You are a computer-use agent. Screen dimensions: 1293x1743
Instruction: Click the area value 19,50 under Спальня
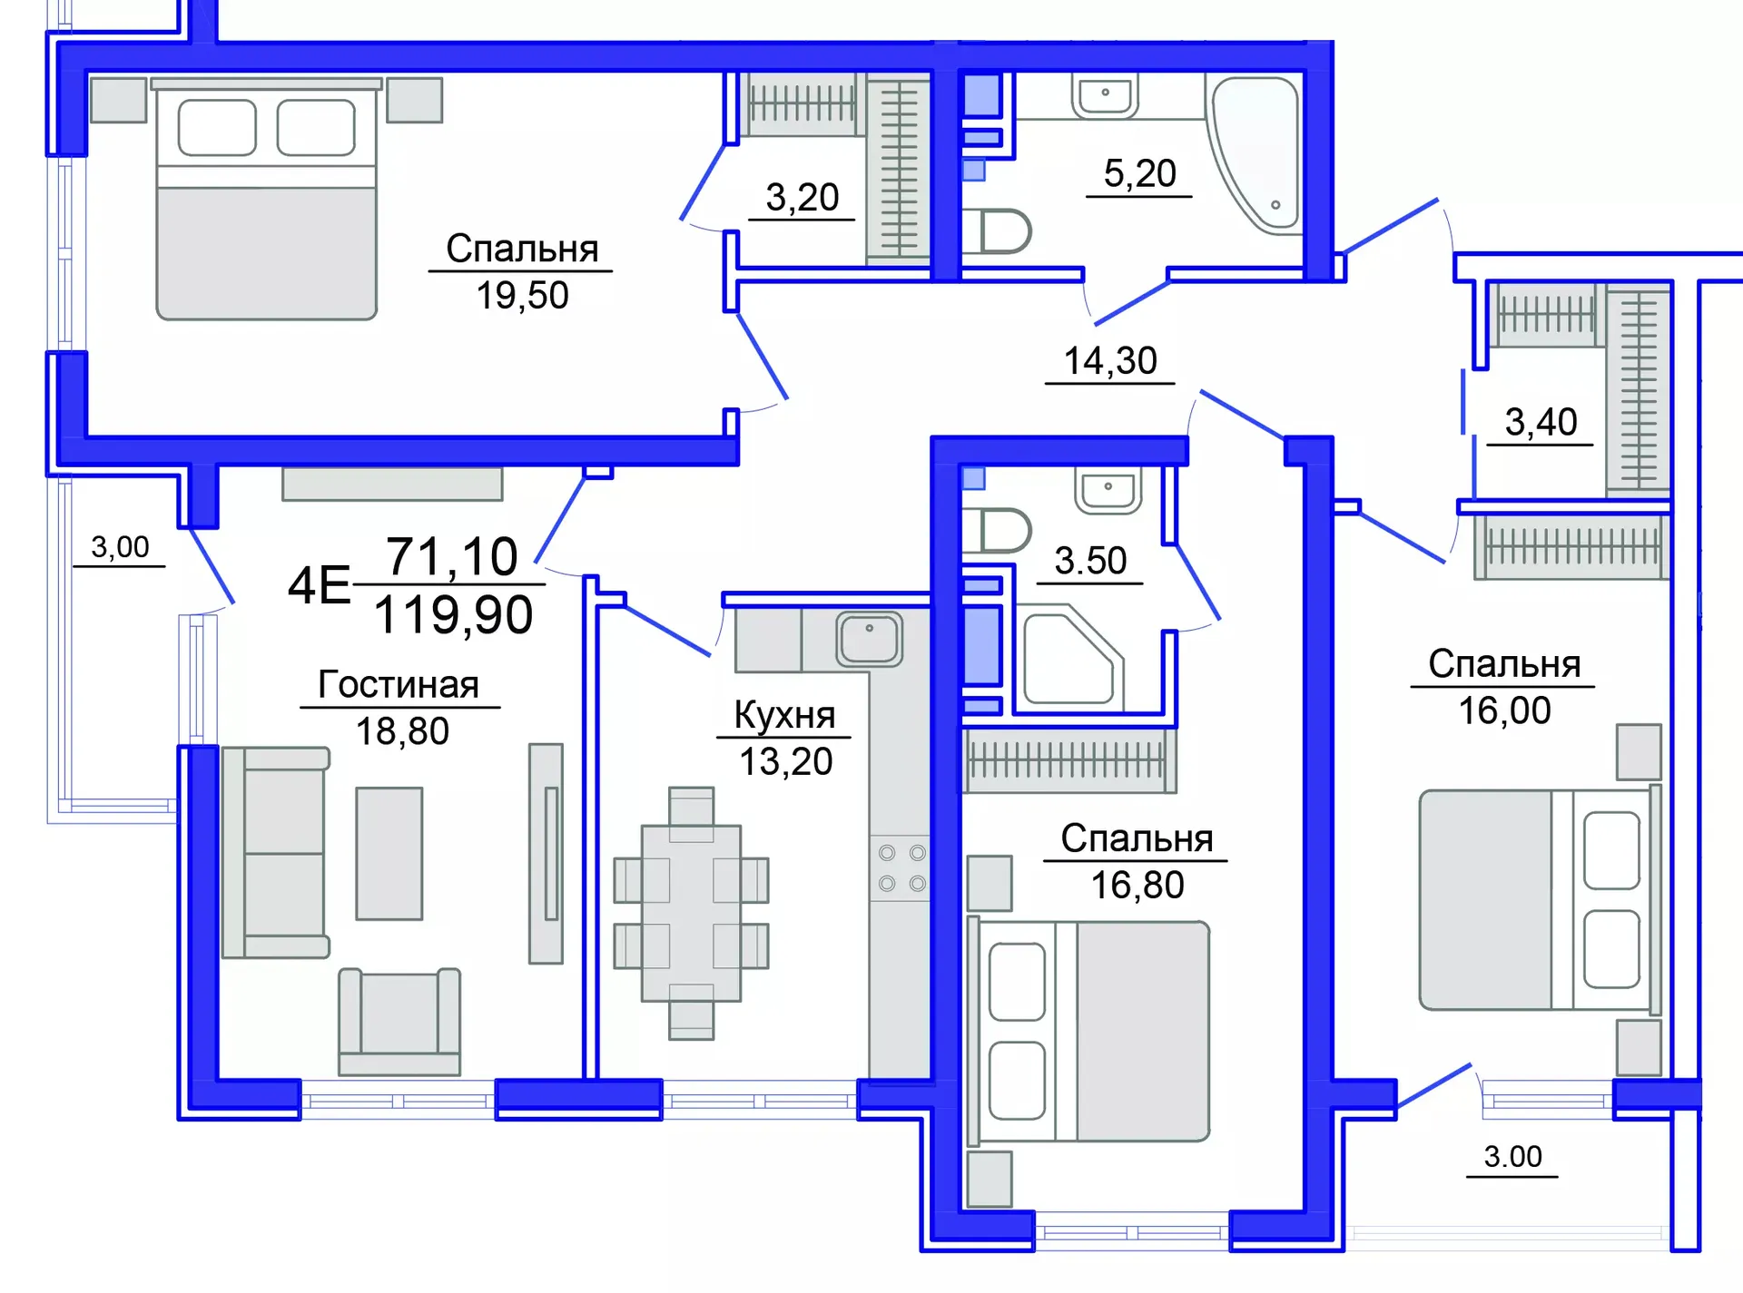pos(522,296)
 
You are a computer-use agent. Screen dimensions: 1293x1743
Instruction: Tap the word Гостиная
pos(398,684)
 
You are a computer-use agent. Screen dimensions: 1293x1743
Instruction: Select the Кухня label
pos(784,715)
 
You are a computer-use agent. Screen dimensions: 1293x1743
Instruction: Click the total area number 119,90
pos(453,615)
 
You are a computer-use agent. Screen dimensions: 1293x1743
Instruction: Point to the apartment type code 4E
pos(319,585)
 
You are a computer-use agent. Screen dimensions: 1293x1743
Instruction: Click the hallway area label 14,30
pos(1109,361)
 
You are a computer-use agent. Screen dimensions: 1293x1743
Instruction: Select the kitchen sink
pos(869,639)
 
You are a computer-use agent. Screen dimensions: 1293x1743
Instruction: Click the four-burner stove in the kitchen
pos(901,867)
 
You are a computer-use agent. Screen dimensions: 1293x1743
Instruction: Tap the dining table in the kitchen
pos(691,912)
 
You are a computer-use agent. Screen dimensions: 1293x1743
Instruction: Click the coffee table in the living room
pos(389,853)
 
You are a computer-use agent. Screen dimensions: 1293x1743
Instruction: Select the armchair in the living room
pos(399,1021)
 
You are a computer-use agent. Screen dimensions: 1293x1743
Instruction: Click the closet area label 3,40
pos(1541,423)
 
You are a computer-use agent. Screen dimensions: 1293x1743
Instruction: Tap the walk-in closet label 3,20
pos(802,198)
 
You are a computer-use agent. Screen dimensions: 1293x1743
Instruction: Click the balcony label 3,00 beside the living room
pos(120,547)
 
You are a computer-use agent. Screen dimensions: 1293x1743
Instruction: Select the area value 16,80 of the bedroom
pos(1137,886)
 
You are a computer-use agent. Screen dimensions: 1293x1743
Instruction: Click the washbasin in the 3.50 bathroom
pos(1108,490)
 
